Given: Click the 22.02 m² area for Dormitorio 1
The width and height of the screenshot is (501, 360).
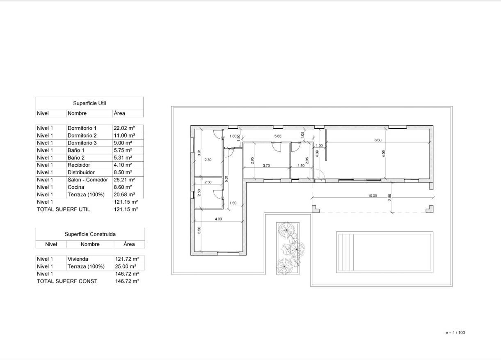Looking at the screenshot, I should point(124,128).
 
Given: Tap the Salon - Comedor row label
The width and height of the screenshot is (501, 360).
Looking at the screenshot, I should point(88,180).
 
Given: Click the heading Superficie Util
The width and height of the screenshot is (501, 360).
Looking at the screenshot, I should point(89,103).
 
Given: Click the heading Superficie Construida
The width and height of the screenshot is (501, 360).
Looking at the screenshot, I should point(90,234).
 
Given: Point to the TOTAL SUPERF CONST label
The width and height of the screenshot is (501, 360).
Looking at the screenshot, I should point(67,281).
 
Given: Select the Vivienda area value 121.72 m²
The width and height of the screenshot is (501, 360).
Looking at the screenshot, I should point(126,259).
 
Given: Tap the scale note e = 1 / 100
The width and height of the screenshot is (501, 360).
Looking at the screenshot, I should point(455,332).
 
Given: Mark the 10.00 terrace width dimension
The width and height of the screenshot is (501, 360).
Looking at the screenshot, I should point(372,196).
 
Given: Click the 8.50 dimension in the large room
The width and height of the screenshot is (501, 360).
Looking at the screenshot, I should point(377,140).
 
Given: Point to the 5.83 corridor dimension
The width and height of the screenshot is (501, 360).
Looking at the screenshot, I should point(278,136).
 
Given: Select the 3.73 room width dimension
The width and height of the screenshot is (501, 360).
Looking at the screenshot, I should point(266,165).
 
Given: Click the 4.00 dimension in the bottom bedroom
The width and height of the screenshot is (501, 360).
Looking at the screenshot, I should point(218,219).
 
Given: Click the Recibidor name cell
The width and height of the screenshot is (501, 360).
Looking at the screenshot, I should point(78,165).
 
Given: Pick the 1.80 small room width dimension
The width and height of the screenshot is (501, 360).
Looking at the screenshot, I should point(301,165).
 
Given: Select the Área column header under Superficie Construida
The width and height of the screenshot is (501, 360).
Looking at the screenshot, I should point(129,244).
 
